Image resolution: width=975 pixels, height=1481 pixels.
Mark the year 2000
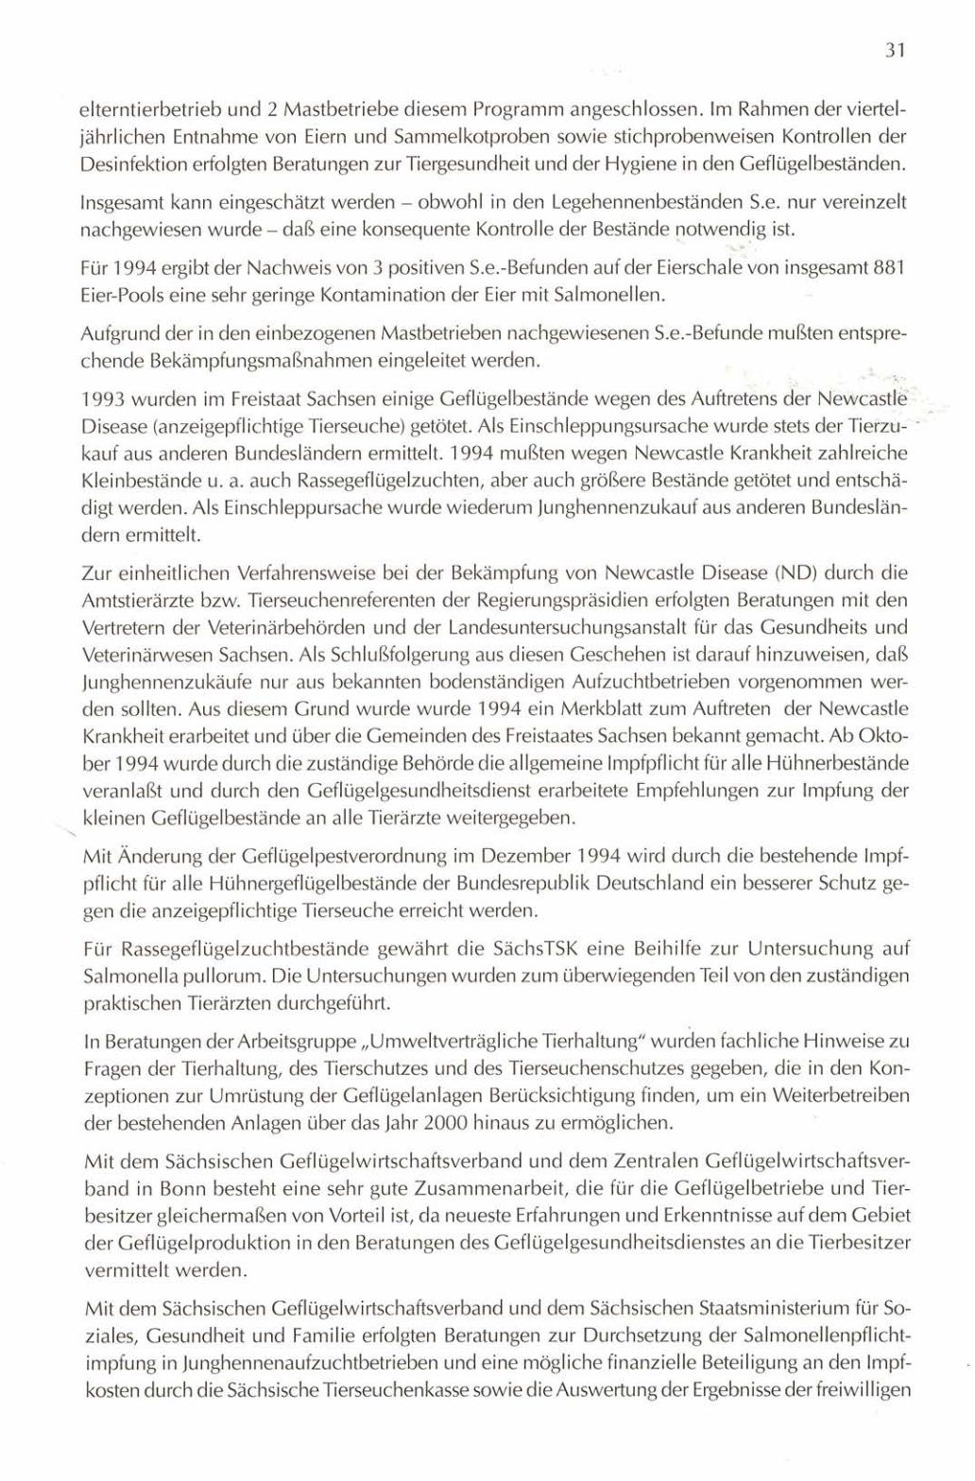point(445,1124)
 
